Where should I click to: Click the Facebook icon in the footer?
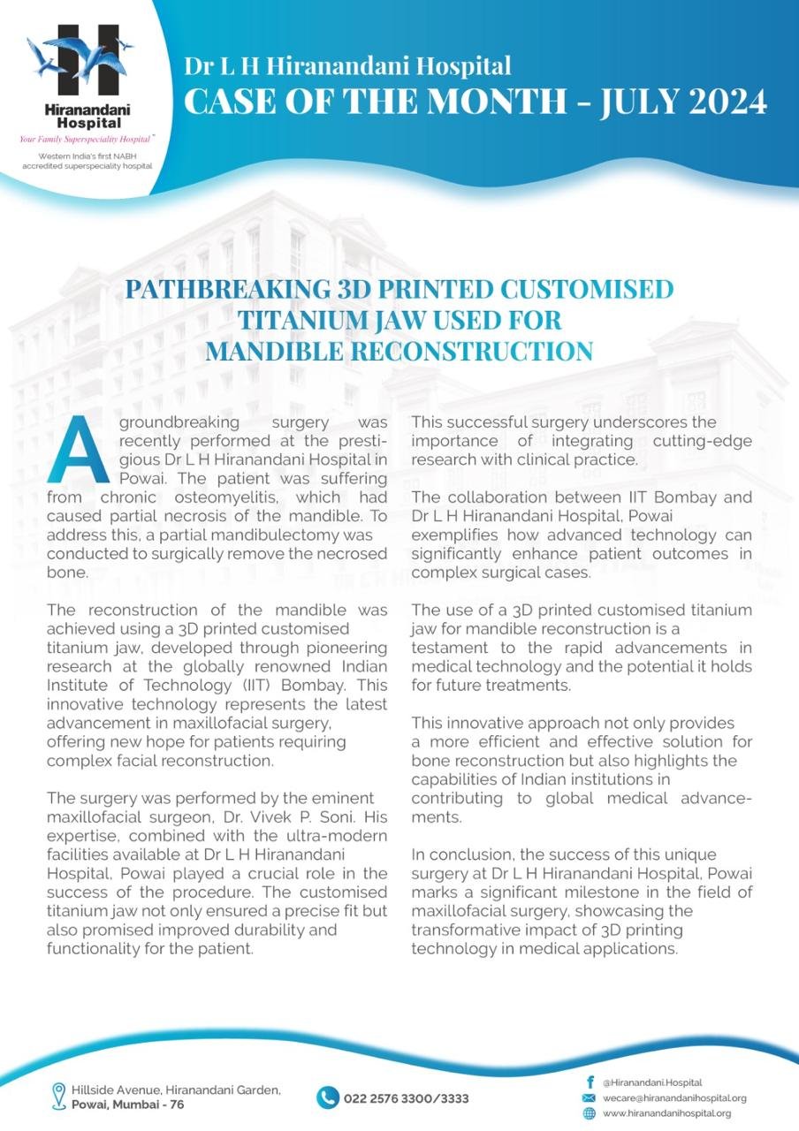(589, 1082)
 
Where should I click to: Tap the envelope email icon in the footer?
(589, 1097)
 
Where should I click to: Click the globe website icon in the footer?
(589, 1113)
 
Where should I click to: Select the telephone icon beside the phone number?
(328, 1097)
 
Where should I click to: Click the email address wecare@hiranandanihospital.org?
(674, 1097)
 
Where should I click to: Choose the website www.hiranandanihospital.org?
(666, 1113)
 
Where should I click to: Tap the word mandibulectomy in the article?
(258, 536)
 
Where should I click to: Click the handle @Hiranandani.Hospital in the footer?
(652, 1082)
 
